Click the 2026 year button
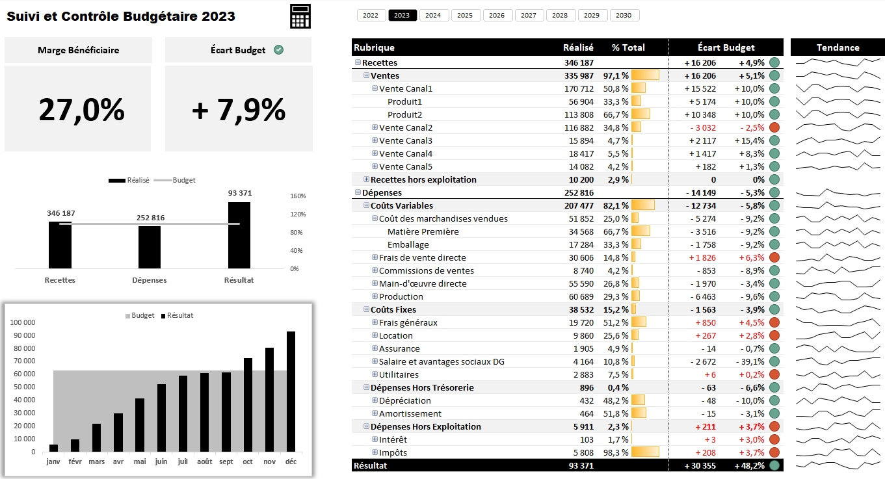pyautogui.click(x=497, y=16)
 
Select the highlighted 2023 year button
pyautogui.click(x=403, y=16)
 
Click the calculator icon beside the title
pyautogui.click(x=300, y=16)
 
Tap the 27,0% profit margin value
pyautogui.click(x=81, y=109)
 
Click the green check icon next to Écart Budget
pyautogui.click(x=278, y=50)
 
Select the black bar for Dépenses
pyautogui.click(x=150, y=247)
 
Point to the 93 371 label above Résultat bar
pyautogui.click(x=239, y=193)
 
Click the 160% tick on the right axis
pyautogui.click(x=298, y=196)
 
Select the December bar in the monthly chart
pyautogui.click(x=291, y=391)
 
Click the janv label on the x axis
pyautogui.click(x=53, y=461)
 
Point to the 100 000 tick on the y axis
pyautogui.click(x=24, y=322)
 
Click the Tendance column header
pyautogui.click(x=838, y=47)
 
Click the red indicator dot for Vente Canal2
pyautogui.click(x=774, y=127)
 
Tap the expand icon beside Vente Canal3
pyautogui.click(x=375, y=140)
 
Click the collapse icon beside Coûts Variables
pyautogui.click(x=366, y=205)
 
